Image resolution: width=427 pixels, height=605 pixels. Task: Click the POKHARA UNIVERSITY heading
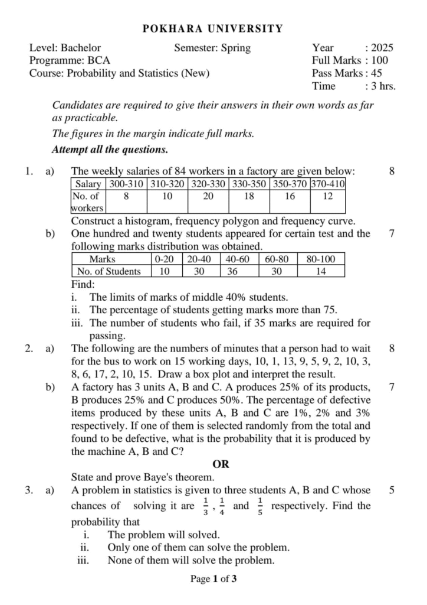tap(213, 28)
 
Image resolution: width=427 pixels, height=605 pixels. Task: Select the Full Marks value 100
tap(380, 60)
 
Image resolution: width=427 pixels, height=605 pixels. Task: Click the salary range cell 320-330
tap(208, 184)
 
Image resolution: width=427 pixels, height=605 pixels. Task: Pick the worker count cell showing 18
tap(249, 196)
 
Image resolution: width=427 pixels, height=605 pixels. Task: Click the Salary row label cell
tap(88, 184)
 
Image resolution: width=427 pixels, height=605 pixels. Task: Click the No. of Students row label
tap(110, 271)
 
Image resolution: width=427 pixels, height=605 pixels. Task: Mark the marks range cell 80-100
tap(321, 259)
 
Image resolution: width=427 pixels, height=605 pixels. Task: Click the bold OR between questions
tap(221, 464)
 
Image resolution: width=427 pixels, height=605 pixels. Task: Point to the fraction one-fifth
tap(260, 506)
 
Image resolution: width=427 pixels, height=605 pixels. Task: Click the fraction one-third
tap(205, 506)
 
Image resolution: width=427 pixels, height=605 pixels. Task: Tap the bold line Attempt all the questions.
tap(110, 149)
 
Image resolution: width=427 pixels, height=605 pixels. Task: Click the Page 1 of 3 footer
tap(213, 579)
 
